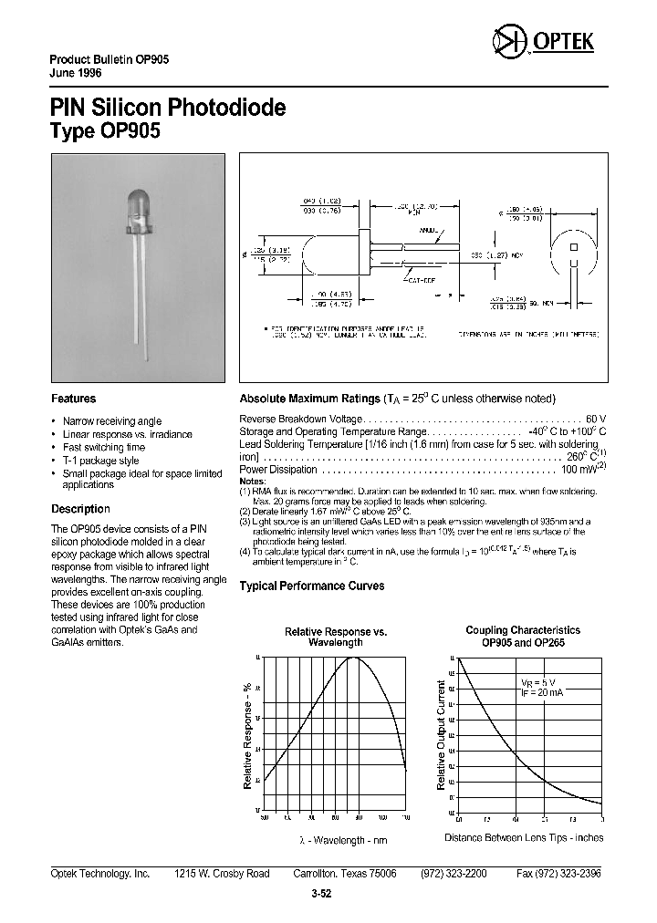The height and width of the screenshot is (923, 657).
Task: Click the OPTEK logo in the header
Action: tap(543, 42)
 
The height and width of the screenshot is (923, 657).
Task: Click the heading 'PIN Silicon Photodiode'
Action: tap(168, 108)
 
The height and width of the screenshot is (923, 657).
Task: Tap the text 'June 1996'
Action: tap(76, 73)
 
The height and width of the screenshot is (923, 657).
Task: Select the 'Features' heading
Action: tap(73, 399)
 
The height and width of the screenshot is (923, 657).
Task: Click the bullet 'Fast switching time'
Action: tap(104, 448)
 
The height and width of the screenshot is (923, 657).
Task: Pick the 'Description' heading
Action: tap(80, 509)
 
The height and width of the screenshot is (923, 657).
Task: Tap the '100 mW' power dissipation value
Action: tap(579, 470)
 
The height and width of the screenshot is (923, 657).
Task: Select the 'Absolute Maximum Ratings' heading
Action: tap(308, 399)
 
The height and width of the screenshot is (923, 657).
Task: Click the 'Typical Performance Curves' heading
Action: tap(311, 586)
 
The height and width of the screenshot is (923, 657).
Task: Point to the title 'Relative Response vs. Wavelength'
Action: tap(336, 637)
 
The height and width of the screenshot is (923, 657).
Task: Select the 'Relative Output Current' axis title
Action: tap(442, 733)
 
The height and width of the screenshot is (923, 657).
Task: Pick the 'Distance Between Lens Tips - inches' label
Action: tap(524, 837)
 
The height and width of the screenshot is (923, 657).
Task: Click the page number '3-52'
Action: tap(320, 894)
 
